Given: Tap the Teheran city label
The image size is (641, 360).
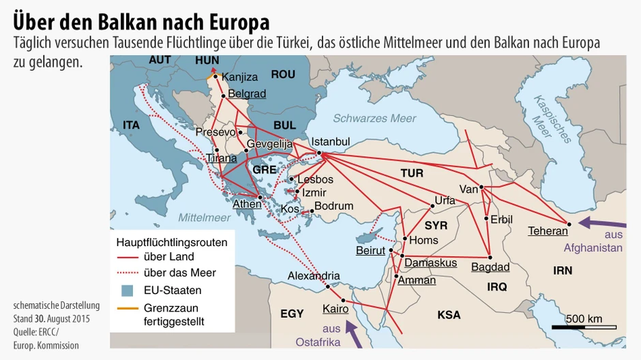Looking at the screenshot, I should [x=548, y=231].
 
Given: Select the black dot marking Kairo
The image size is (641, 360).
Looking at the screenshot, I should [x=343, y=301].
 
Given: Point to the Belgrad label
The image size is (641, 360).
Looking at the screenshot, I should [x=247, y=93].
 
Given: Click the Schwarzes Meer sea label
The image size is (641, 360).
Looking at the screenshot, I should [x=374, y=118].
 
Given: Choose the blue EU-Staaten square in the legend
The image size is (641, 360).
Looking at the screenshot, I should [x=127, y=290].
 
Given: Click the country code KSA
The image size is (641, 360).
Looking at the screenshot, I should [x=449, y=314].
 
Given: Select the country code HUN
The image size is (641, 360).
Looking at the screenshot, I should [x=207, y=61].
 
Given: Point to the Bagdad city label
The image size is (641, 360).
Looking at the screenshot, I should [x=490, y=267].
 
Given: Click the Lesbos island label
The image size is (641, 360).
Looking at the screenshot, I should [x=315, y=179].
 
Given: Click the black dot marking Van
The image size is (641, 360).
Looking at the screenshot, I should [x=481, y=187].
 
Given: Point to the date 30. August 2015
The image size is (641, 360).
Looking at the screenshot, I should [x=61, y=318].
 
